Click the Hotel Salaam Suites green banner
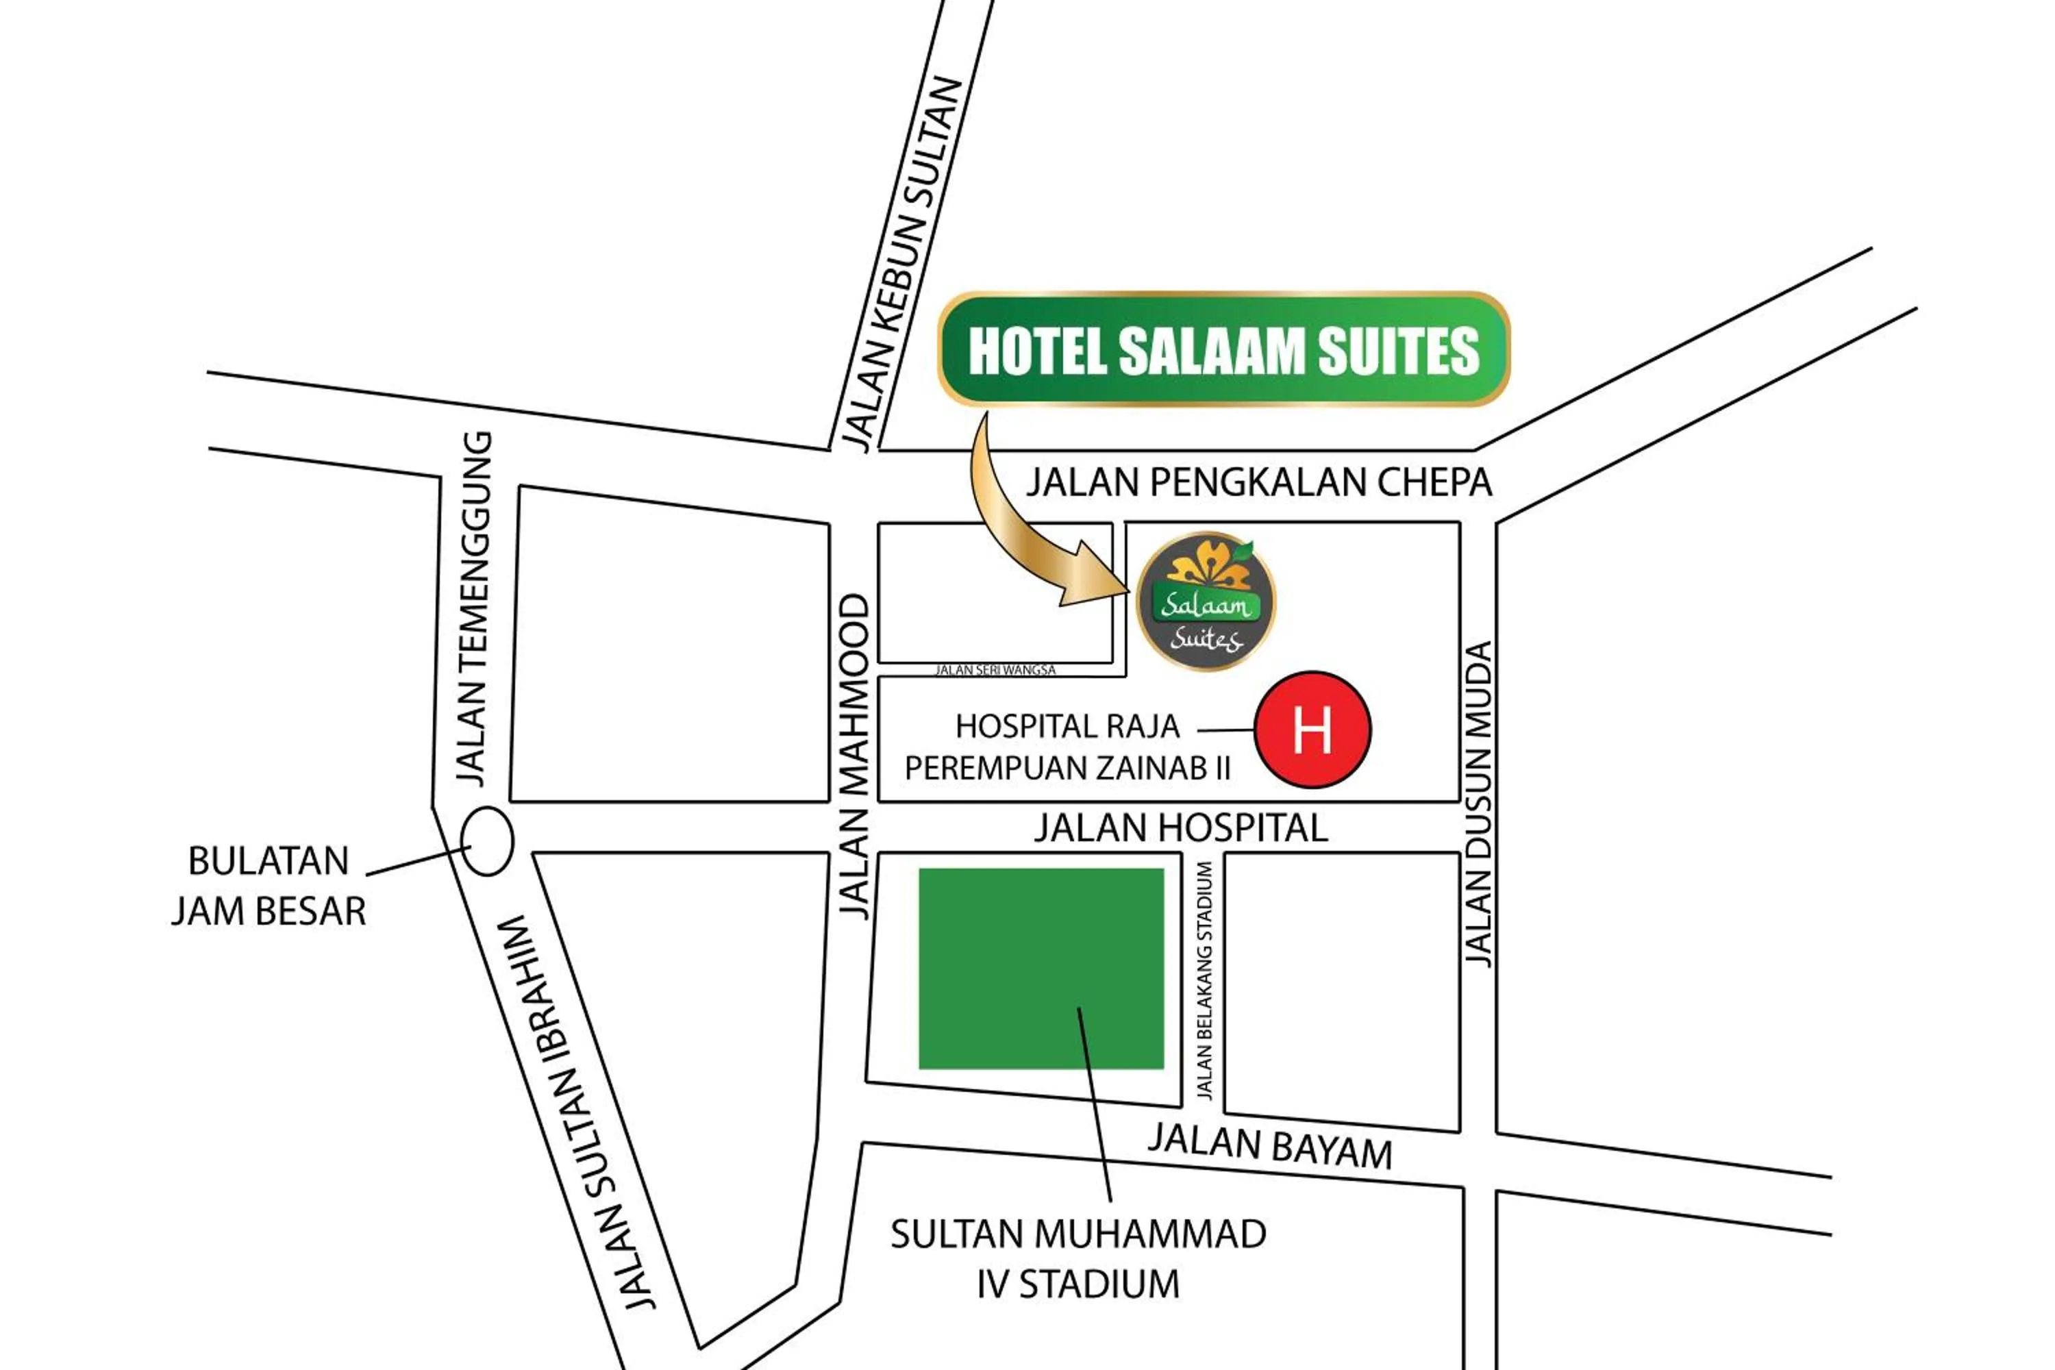[x=1223, y=349]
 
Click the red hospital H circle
[x=1312, y=730]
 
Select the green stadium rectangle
[x=1041, y=968]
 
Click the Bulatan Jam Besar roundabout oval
[x=486, y=841]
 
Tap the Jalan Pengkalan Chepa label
[x=1258, y=482]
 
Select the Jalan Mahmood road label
[x=854, y=755]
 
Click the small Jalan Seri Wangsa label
[x=995, y=670]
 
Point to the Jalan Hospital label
[x=1180, y=827]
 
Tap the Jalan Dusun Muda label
[x=1478, y=804]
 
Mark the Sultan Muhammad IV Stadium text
[x=1078, y=1259]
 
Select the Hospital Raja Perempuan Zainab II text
[x=1068, y=747]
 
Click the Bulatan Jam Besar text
[x=269, y=886]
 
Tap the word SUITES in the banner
[x=1398, y=351]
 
